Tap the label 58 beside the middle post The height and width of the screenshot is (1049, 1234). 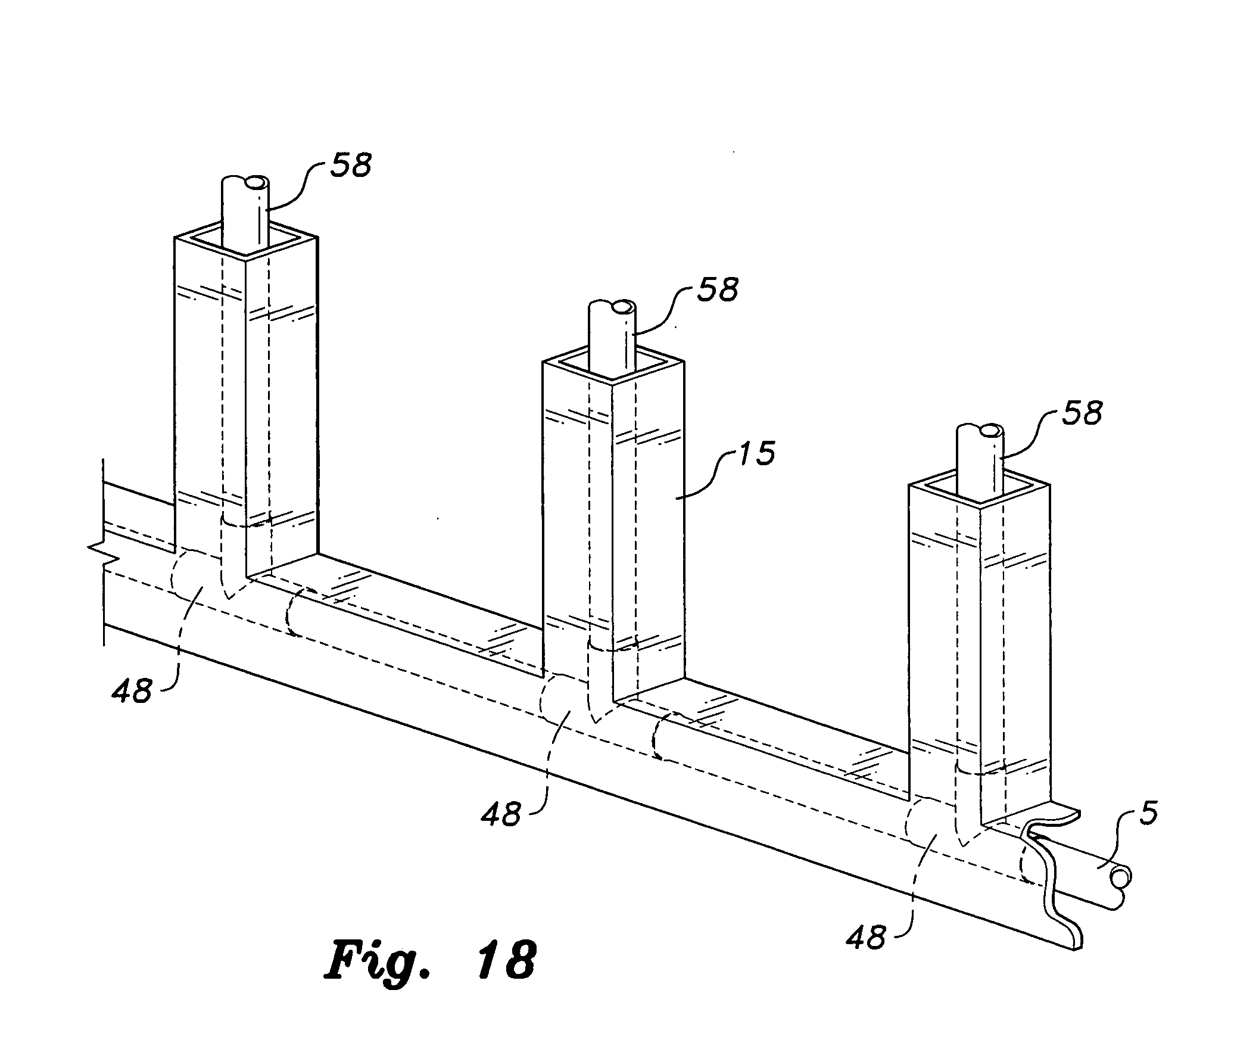point(719,290)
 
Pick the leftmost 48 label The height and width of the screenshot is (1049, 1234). point(132,692)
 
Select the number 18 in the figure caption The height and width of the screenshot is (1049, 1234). point(509,959)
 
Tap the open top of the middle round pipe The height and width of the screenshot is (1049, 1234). point(624,308)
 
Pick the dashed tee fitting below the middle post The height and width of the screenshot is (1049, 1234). point(587,700)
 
